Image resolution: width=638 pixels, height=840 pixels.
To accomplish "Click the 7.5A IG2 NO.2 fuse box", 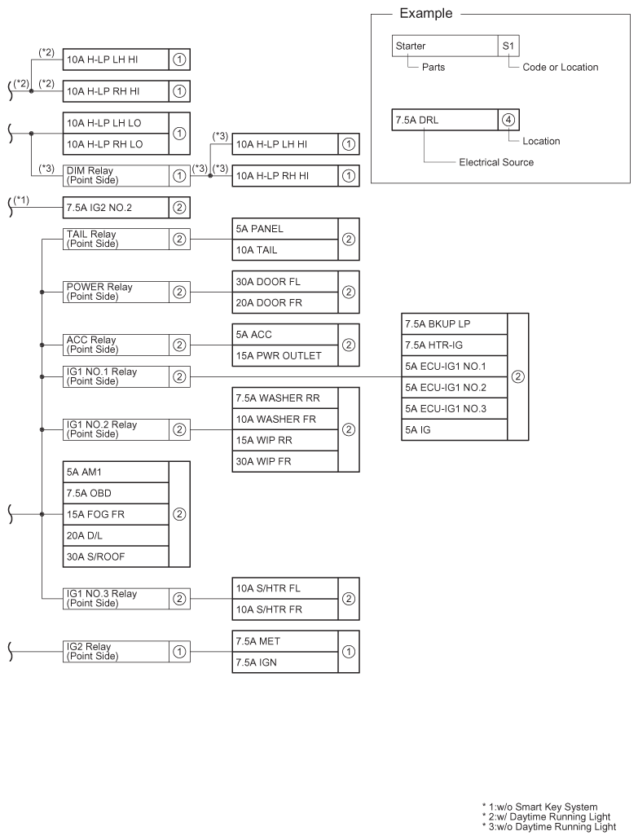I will pyautogui.click(x=116, y=208).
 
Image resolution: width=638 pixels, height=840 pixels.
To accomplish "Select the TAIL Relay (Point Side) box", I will pyautogui.click(x=116, y=239).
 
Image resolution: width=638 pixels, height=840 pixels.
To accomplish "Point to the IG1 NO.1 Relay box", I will pyautogui.click(x=116, y=376).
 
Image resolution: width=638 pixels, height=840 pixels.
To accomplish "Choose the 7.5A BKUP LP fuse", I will pyautogui.click(x=454, y=323).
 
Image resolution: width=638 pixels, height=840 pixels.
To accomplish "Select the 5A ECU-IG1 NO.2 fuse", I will pyautogui.click(x=454, y=387).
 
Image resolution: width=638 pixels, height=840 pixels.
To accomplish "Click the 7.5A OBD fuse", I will pyautogui.click(x=116, y=493).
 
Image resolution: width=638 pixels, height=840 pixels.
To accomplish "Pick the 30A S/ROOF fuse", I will pyautogui.click(x=116, y=556).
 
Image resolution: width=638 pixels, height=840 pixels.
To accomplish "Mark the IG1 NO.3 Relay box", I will pyautogui.click(x=116, y=597).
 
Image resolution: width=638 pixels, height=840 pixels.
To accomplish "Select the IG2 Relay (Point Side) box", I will pyautogui.click(x=116, y=650).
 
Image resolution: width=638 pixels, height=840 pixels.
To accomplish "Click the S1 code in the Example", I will pyautogui.click(x=507, y=46).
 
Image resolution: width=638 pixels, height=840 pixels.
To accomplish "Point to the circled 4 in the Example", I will pyautogui.click(x=508, y=119).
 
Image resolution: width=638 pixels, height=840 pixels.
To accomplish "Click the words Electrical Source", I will pyautogui.click(x=496, y=162).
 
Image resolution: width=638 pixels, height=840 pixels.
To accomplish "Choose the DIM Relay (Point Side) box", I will pyautogui.click(x=116, y=175).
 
